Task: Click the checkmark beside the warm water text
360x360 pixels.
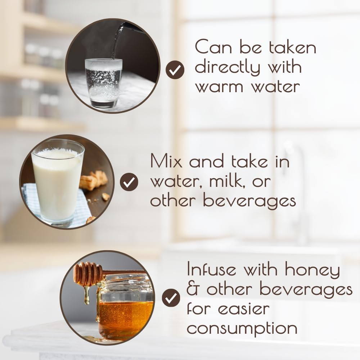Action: [175, 70]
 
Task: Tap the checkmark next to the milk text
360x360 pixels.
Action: [129, 182]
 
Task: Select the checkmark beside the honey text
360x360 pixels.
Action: [171, 298]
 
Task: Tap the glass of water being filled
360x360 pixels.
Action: [104, 83]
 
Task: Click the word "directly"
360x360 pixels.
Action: [228, 67]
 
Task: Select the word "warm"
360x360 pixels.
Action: [219, 87]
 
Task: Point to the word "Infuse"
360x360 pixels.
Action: [211, 269]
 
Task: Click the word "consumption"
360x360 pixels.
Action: [242, 329]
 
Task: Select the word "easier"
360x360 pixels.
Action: [244, 309]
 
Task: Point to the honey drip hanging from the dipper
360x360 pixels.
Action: [86, 295]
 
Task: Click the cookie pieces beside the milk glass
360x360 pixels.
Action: [94, 180]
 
